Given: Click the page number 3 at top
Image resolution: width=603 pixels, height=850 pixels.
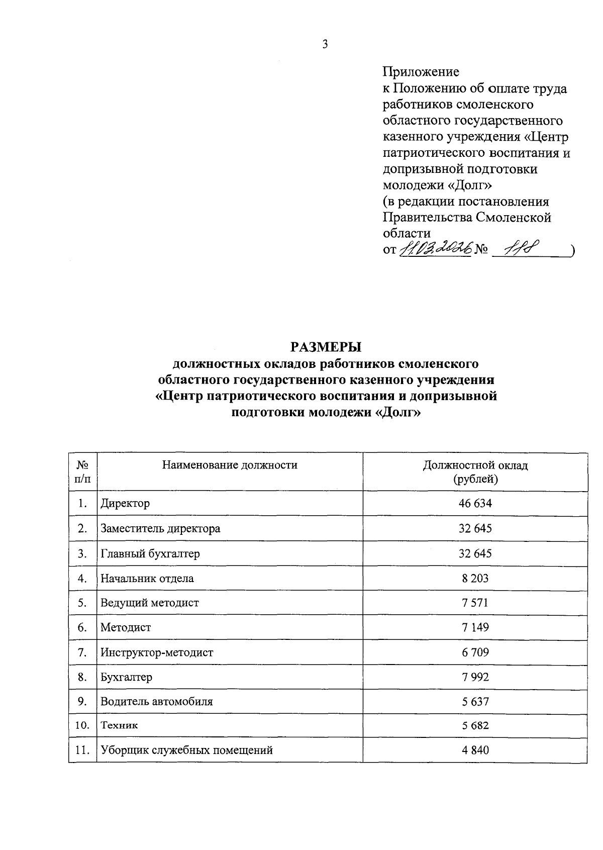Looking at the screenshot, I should pos(325,44).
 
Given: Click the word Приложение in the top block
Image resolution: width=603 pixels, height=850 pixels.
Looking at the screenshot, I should pos(421,72).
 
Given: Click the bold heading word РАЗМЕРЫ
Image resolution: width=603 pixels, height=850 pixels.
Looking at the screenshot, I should pos(326,347).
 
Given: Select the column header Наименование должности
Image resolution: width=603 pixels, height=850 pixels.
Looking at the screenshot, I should pos(230,465).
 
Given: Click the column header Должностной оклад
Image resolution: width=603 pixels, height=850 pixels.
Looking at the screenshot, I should pos(475,465).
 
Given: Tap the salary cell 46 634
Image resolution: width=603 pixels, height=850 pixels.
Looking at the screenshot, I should pos(475,503).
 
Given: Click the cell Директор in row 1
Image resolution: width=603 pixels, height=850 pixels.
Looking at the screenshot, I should pos(125,503).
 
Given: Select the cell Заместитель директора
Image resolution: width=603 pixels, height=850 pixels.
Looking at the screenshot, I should pos(160,529).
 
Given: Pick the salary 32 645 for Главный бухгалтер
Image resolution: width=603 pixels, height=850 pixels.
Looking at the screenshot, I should pos(475,554).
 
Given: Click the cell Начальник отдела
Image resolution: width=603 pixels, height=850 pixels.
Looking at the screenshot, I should pos(147,579).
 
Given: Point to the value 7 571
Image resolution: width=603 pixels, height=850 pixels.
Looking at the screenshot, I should pos(475,603).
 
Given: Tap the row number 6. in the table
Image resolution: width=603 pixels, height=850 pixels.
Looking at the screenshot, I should pos(83,627).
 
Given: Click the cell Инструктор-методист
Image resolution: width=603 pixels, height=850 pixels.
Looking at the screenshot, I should pos(157,652).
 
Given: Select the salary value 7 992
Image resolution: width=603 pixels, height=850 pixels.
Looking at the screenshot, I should pos(475,677).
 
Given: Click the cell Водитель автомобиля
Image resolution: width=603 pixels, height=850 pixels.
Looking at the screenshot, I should pos(156,701).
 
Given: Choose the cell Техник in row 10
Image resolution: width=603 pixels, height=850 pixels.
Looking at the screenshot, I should pos(119,725).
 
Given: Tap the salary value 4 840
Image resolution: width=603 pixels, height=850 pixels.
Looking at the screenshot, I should pos(475,750).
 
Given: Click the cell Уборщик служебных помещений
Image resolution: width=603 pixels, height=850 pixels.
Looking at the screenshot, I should pos(186,750).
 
